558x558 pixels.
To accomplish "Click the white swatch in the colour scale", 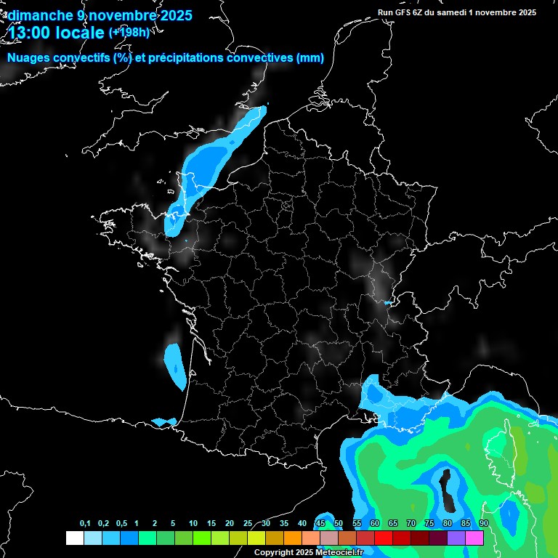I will [x=74, y=538].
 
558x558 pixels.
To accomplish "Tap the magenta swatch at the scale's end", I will [x=474, y=538].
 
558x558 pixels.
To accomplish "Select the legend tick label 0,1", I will [x=85, y=524].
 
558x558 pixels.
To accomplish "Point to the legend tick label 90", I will [x=484, y=524].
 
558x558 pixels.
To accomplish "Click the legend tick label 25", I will [x=248, y=524].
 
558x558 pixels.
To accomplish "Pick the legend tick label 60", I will [x=375, y=524].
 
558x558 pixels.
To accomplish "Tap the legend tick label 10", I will [x=193, y=524].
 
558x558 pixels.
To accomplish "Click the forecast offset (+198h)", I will [x=129, y=32].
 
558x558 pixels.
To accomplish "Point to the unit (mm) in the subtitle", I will [x=310, y=58].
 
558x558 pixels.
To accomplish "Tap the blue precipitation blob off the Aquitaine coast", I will [x=174, y=363].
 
